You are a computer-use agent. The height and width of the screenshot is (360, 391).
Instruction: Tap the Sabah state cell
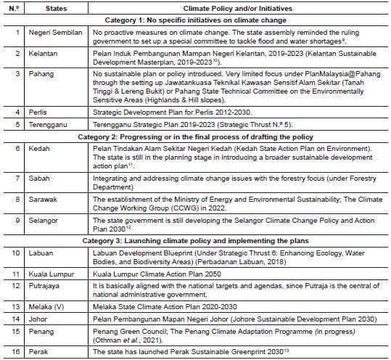[40, 176]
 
